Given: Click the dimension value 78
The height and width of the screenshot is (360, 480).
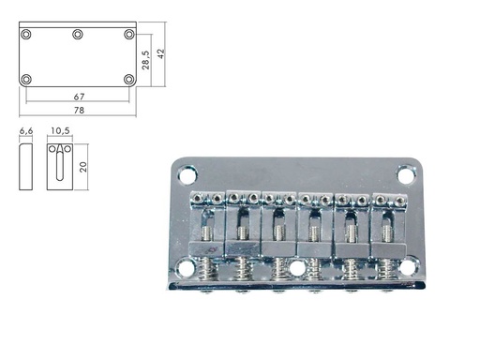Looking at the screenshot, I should point(78,111).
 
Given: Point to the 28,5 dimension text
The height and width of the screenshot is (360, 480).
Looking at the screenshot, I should point(145,58).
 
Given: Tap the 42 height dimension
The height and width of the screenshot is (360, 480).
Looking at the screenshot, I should point(160,54).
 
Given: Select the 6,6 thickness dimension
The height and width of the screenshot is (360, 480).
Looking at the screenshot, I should point(26,132).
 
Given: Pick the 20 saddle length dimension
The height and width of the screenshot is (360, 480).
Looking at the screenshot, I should point(83,167).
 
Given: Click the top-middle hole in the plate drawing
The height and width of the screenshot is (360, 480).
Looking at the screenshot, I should point(78,34).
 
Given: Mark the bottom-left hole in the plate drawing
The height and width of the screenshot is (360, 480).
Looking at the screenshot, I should point(26,79).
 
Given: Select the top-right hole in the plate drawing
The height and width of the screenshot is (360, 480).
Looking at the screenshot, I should point(129,34).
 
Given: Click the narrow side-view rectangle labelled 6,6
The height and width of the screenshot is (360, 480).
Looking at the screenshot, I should point(26,167).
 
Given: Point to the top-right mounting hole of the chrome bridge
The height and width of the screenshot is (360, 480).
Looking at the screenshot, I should point(406,174).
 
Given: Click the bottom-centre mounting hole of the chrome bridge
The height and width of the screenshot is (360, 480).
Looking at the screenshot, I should point(297,268).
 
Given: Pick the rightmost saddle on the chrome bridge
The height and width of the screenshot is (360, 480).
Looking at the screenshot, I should point(388,225).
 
